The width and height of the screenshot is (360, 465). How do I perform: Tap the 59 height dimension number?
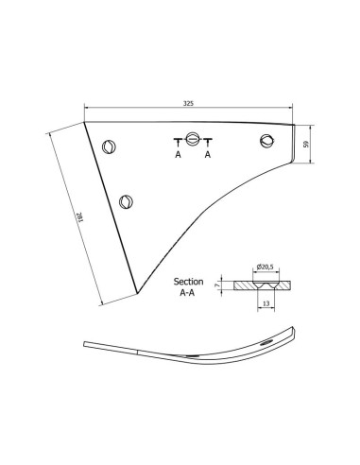click(x=307, y=145)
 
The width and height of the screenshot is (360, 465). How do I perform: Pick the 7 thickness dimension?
click(x=217, y=283)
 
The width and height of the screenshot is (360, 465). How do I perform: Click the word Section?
click(x=189, y=282)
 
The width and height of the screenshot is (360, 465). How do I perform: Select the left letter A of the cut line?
click(x=178, y=154)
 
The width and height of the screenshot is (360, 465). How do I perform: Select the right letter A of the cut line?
click(x=207, y=154)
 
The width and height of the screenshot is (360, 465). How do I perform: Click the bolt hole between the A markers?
click(x=193, y=140)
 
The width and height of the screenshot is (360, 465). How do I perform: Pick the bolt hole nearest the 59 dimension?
click(x=266, y=143)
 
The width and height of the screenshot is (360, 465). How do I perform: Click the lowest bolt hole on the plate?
click(x=126, y=200)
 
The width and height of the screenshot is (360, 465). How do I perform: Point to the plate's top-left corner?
click(x=85, y=122)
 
